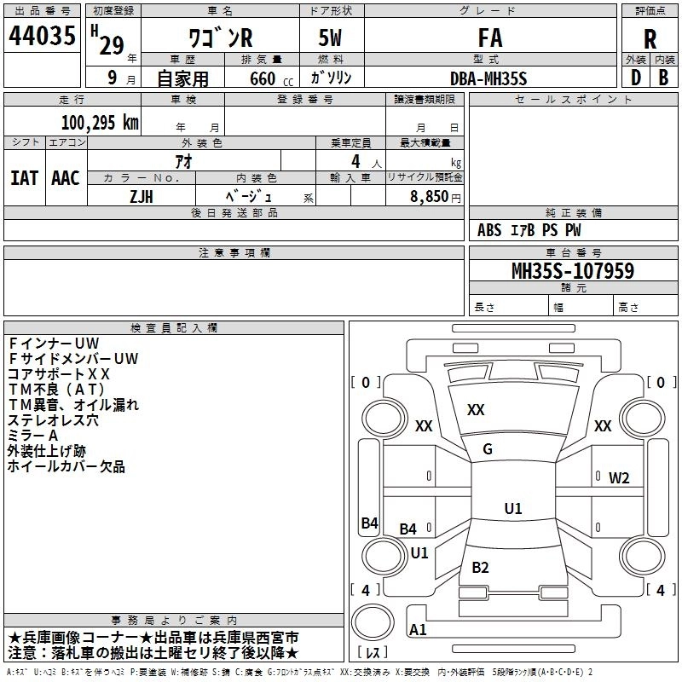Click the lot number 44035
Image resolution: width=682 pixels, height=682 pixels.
[42, 36]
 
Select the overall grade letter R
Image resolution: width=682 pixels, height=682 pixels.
[650, 39]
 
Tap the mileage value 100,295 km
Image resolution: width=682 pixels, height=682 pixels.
[100, 123]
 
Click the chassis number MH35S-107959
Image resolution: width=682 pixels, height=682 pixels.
[573, 271]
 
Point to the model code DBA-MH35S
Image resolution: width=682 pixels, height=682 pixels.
[488, 78]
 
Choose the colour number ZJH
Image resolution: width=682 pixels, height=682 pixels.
[142, 197]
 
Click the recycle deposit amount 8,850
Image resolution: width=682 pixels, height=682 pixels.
[430, 197]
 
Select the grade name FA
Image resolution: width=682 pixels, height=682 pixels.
[490, 38]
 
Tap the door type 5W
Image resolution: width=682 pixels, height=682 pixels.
[330, 38]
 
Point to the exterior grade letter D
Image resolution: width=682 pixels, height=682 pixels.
[636, 78]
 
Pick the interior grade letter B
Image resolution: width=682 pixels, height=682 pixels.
[663, 78]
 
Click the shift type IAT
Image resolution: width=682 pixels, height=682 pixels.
[24, 178]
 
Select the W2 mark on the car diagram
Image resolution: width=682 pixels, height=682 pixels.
[619, 478]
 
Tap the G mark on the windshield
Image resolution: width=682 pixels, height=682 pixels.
[488, 449]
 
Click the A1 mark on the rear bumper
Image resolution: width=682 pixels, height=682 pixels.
[418, 629]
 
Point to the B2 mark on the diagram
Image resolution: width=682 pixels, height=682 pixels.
[480, 567]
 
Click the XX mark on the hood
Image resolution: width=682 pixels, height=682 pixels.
[476, 410]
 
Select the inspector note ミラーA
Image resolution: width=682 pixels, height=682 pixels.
[33, 436]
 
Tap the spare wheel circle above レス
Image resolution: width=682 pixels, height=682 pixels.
[373, 622]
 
